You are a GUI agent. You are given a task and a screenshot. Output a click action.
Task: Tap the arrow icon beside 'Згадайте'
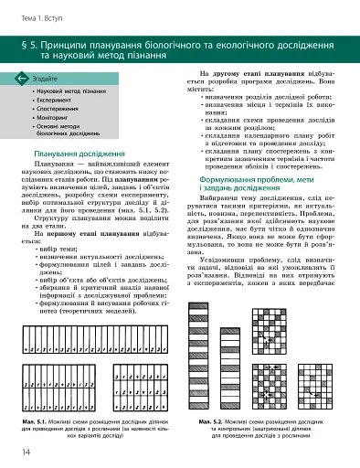pos(21,80)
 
